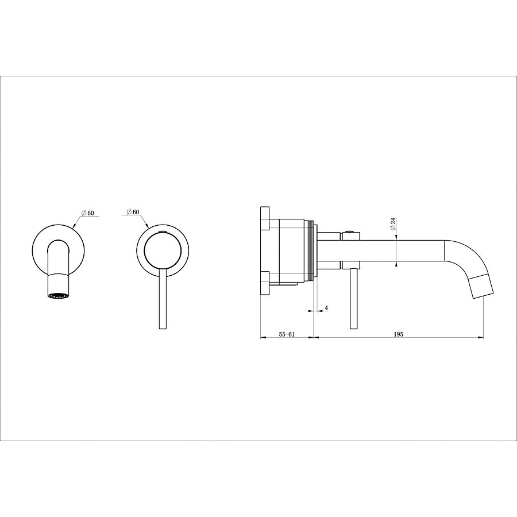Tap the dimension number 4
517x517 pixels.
326,308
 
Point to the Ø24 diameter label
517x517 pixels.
393,225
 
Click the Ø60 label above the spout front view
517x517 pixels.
87,213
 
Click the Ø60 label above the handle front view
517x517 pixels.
133,211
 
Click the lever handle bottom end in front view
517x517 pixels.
163,329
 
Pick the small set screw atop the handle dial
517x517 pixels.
161,232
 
